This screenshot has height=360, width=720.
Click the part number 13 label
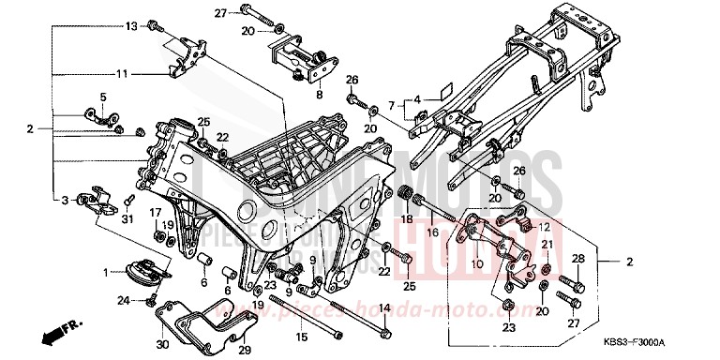tap(131, 25)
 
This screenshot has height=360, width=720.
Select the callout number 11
tap(122, 73)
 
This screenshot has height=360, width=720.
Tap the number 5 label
tap(104, 97)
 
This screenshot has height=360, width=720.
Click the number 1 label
tap(107, 272)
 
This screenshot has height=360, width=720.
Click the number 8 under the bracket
tap(319, 95)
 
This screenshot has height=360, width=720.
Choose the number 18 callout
tap(407, 218)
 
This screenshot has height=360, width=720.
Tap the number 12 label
tap(543, 227)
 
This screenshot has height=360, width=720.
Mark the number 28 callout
tap(578, 258)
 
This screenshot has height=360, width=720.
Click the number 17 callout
tap(156, 213)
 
